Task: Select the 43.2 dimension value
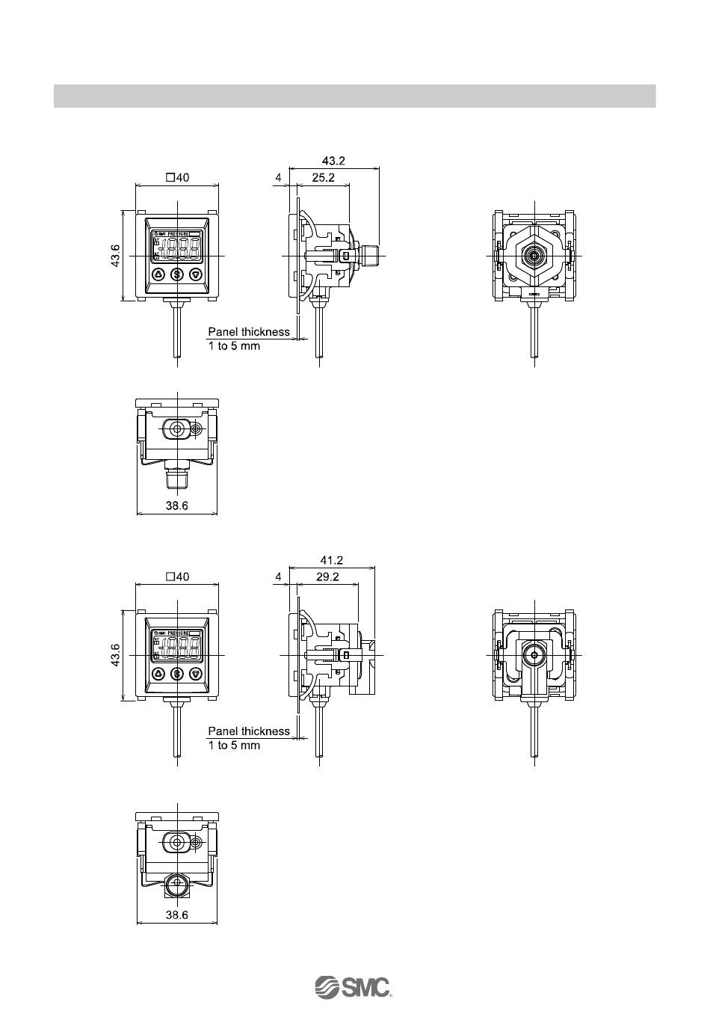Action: click(x=334, y=161)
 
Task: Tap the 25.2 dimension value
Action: click(x=323, y=178)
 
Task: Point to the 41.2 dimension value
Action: click(x=332, y=560)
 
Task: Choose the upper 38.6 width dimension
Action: click(x=176, y=506)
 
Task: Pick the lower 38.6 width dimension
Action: click(x=176, y=915)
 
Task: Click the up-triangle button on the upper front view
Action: click(x=158, y=274)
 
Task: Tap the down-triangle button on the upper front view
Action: click(x=196, y=274)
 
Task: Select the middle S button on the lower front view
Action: click(x=177, y=674)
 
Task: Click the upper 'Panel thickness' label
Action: click(x=248, y=332)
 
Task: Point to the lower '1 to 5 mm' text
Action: click(x=234, y=746)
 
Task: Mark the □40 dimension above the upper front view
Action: click(x=177, y=178)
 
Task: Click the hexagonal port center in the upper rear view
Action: click(x=535, y=256)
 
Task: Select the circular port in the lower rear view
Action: click(x=535, y=655)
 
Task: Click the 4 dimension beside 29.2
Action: click(x=278, y=577)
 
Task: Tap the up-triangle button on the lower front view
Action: click(x=158, y=674)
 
